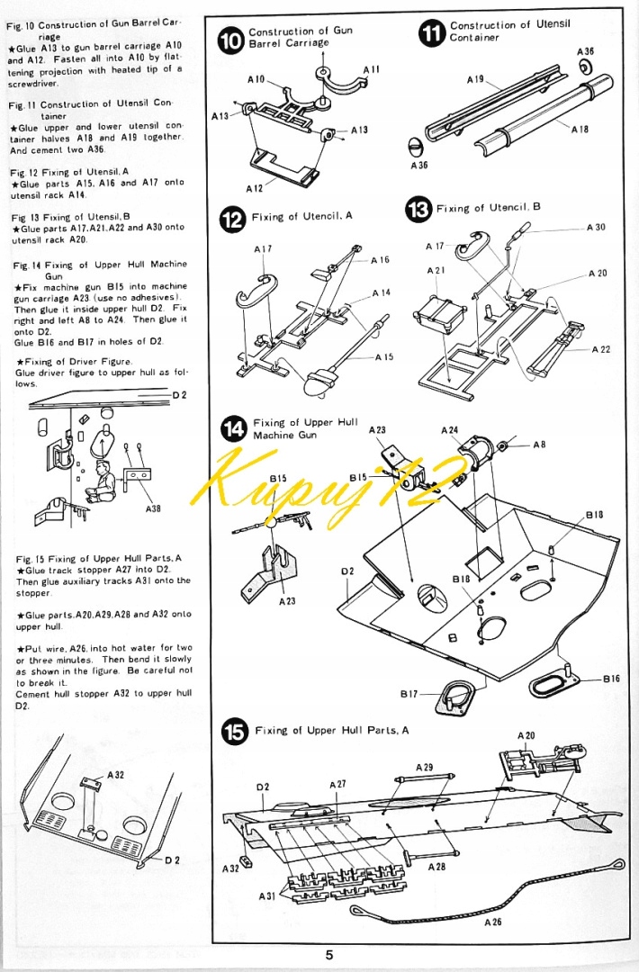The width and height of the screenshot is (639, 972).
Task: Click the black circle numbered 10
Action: [231, 40]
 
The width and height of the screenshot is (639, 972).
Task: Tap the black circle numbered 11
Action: [433, 33]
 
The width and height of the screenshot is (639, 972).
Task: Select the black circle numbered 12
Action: [233, 220]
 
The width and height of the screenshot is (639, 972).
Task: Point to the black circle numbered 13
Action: [419, 211]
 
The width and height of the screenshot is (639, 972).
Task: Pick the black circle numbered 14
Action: [234, 430]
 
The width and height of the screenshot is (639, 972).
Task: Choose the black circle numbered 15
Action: [235, 733]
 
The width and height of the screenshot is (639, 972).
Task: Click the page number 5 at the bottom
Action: [329, 955]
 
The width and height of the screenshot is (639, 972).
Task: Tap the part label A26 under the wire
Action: [493, 922]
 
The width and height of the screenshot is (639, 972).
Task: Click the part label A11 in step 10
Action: [371, 69]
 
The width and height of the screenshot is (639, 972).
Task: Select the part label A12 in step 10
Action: [255, 188]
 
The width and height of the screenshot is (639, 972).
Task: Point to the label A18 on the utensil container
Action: [580, 130]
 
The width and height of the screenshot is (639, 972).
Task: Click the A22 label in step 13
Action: [601, 349]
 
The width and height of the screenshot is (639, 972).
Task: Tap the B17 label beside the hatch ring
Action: [409, 694]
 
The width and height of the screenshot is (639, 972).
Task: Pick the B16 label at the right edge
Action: [611, 679]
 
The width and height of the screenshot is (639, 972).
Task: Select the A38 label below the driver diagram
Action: [153, 508]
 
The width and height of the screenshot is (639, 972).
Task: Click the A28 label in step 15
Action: [436, 866]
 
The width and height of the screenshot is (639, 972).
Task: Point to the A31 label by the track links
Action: [267, 896]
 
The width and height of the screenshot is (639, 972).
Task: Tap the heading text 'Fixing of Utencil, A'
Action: [302, 217]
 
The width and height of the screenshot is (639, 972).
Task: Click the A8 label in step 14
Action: [539, 444]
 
